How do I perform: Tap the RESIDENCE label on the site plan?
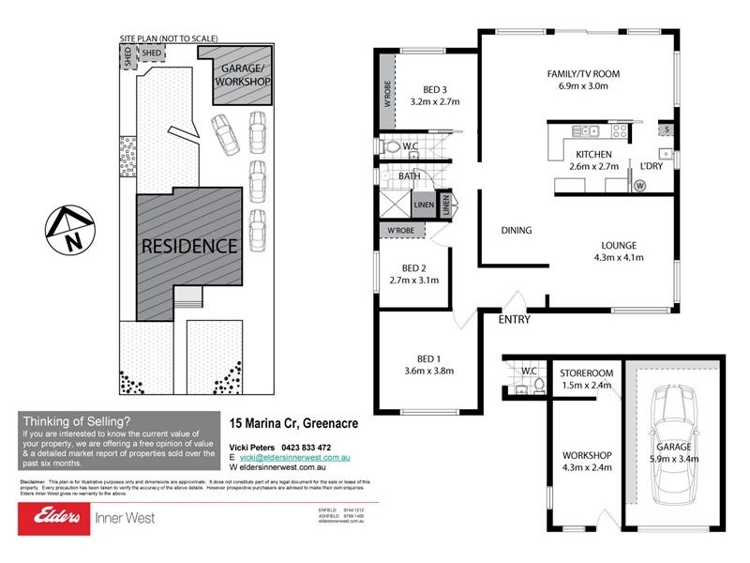click(x=188, y=247)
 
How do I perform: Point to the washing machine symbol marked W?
click(x=641, y=185)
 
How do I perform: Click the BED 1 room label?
click(x=434, y=358)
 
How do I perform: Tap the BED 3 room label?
click(x=435, y=90)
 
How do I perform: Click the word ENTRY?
click(x=515, y=319)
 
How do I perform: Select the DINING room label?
click(x=516, y=230)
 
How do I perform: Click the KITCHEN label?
click(x=593, y=154)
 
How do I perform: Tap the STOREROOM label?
click(x=586, y=372)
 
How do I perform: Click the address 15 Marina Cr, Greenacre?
click(x=293, y=424)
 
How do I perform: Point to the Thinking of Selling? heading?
click(x=77, y=422)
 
